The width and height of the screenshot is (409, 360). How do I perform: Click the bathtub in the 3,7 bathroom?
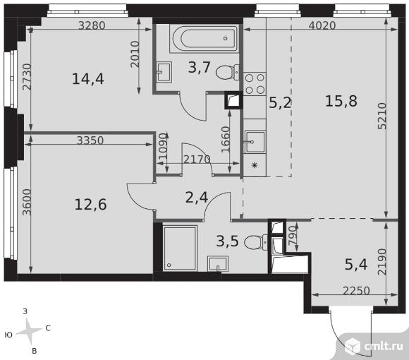[204, 38]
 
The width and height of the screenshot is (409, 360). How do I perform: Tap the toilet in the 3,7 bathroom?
[227, 72]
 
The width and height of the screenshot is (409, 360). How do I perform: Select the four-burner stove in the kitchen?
[255, 83]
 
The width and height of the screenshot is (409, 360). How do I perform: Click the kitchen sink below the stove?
[255, 142]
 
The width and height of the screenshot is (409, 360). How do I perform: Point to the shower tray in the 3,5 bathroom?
[180, 248]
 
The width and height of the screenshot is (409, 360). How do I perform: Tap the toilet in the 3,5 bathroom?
[256, 242]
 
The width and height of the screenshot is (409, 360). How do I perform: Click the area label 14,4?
[88, 79]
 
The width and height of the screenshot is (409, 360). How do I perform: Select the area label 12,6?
[90, 205]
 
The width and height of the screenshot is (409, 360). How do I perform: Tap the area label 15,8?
[341, 101]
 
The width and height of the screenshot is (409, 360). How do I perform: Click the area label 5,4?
[356, 265]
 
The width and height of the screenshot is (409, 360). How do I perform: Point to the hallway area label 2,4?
[197, 198]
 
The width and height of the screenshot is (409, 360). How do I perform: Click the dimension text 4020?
[322, 25]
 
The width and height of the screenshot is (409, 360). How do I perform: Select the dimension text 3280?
[92, 25]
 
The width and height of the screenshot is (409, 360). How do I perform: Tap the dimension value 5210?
[382, 116]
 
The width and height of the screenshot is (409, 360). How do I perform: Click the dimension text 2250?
[356, 291]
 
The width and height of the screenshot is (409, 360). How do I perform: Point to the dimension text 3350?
[90, 140]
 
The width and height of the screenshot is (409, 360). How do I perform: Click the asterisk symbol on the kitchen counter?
[255, 165]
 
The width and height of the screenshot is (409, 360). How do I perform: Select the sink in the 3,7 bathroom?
[164, 72]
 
